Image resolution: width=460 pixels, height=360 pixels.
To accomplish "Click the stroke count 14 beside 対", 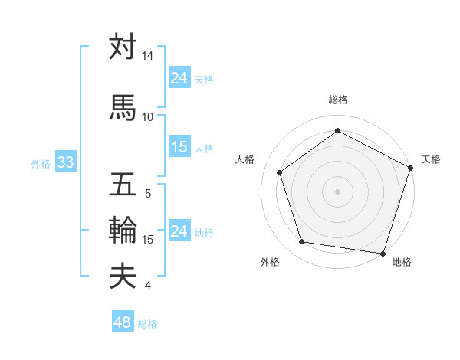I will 147,57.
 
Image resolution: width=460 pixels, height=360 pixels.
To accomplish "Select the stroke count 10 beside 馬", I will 147,117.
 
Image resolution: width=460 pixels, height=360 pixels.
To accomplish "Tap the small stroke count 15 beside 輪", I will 148,240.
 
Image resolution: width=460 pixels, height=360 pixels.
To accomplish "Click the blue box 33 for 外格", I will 65,163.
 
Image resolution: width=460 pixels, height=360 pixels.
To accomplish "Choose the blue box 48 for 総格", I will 123,322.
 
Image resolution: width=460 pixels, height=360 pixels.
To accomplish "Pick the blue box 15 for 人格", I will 179,148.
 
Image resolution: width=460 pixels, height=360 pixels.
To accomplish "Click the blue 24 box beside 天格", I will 179,78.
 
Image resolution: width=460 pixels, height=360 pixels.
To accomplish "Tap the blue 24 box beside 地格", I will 179,232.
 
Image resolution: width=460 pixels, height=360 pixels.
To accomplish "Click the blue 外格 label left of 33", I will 41,164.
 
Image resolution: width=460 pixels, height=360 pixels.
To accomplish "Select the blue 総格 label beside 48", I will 147,323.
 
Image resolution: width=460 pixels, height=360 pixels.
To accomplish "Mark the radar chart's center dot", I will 337,191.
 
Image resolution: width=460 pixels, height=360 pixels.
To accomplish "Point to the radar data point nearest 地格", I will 383,253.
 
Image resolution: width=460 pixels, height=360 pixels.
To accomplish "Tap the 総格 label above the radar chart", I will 337,100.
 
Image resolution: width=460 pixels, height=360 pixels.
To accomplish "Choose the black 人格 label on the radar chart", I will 245,159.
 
